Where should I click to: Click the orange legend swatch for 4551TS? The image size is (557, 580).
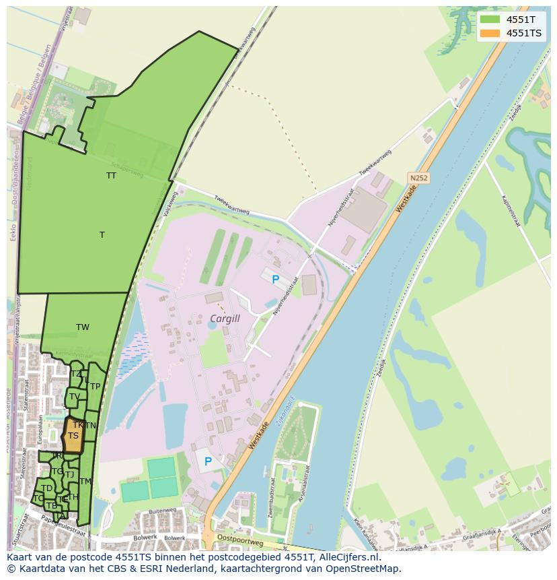(x=490, y=33)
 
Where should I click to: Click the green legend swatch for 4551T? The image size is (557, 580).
(x=490, y=20)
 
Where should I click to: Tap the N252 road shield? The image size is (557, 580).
(x=418, y=179)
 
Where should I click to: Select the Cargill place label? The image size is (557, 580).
(x=225, y=319)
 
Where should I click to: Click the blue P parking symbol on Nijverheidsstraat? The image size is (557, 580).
(x=274, y=279)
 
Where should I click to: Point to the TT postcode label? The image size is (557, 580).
(x=111, y=176)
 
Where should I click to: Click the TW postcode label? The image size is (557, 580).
(x=83, y=328)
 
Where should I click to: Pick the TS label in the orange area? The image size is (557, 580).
(x=73, y=436)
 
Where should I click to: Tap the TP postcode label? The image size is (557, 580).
(x=96, y=387)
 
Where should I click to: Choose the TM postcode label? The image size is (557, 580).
(x=85, y=482)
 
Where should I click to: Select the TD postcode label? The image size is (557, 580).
(x=46, y=488)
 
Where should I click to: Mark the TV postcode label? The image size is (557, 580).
(x=74, y=397)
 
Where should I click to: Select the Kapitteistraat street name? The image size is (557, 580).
(x=512, y=210)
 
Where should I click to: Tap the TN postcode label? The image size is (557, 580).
(x=91, y=426)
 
